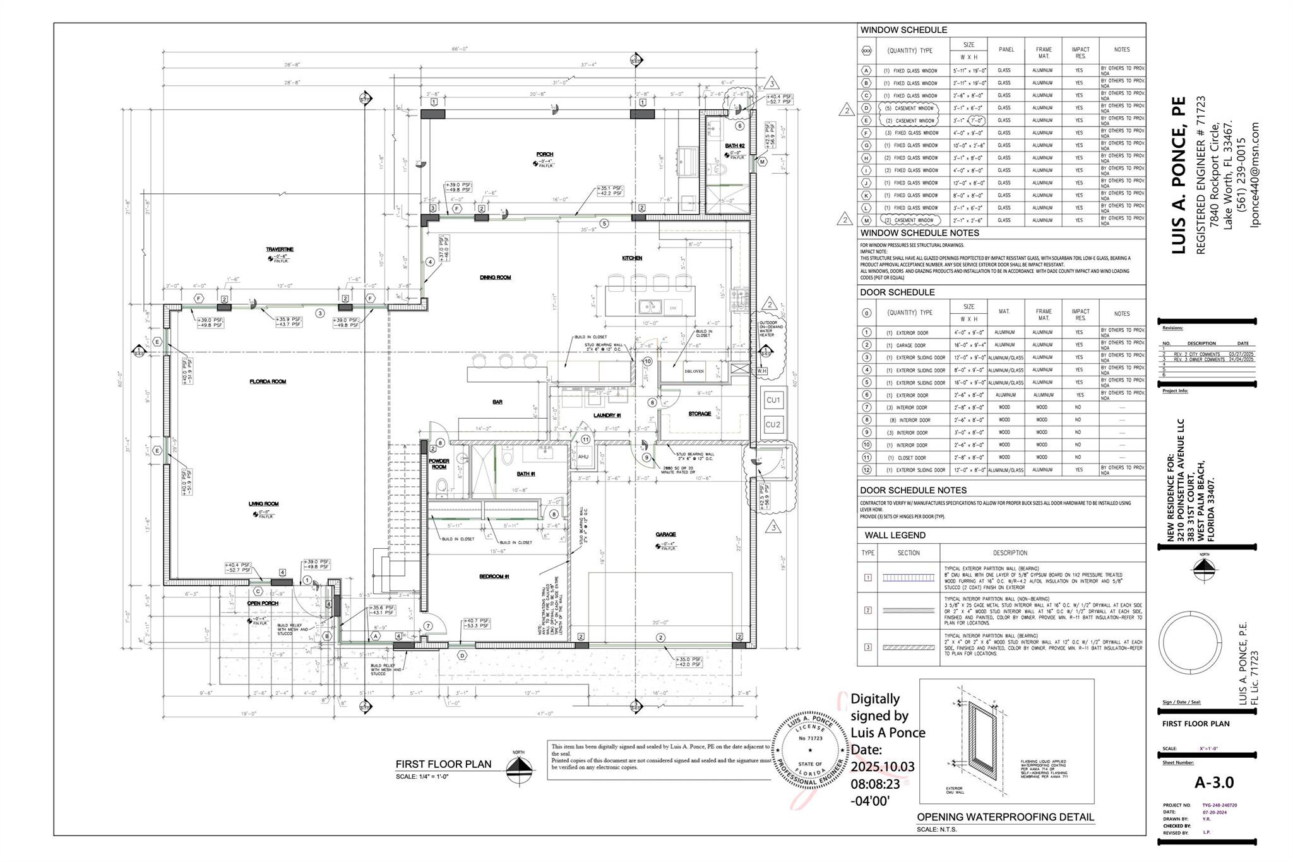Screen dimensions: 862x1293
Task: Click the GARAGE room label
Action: [x=665, y=534]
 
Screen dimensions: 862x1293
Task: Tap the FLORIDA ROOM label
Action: [x=268, y=381]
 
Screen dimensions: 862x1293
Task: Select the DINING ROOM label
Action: [x=495, y=277]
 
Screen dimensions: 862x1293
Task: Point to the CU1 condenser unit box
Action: [x=773, y=400]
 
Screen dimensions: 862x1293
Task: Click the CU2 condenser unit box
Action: [x=773, y=424]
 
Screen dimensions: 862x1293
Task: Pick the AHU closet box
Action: [x=583, y=457]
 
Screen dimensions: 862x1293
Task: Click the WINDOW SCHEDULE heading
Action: [x=903, y=30]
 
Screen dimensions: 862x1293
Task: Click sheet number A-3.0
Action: [x=1213, y=782]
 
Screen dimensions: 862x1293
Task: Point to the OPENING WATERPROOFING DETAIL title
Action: [x=1005, y=817]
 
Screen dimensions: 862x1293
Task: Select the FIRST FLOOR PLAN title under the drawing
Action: [x=443, y=764]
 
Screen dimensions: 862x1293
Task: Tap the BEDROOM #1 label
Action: [x=494, y=577]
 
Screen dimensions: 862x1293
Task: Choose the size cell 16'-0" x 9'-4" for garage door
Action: [x=968, y=345]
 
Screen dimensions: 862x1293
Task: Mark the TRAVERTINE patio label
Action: [x=279, y=249]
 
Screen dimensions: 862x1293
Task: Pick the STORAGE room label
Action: [x=700, y=414]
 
